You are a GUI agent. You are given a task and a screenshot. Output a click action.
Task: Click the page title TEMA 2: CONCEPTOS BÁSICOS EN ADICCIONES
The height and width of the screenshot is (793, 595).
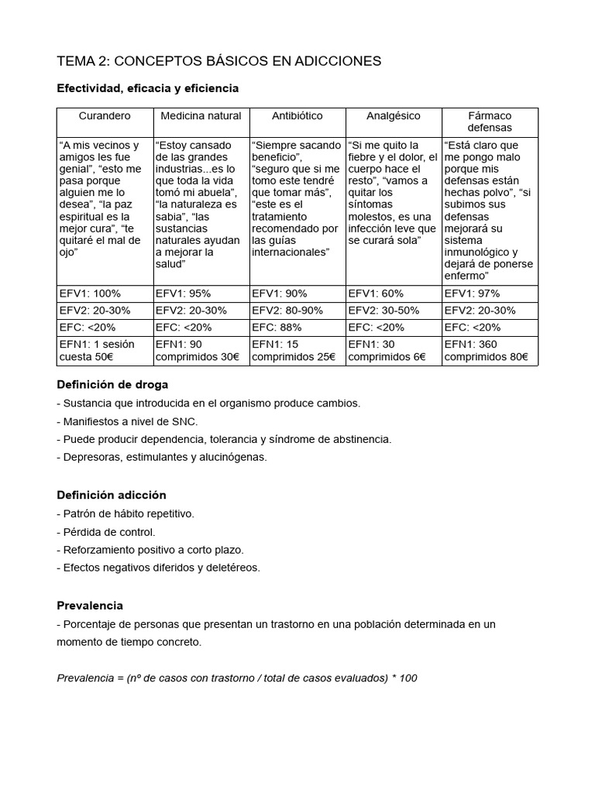click(219, 61)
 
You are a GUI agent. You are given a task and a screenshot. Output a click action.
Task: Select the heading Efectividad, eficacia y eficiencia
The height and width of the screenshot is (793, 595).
click(148, 89)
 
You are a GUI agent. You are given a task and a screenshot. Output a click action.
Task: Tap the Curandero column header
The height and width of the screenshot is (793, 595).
click(105, 116)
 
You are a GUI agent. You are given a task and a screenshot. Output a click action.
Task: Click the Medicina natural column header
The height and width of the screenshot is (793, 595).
click(201, 116)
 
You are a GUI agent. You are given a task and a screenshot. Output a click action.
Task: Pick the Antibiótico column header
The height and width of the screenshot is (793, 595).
click(297, 116)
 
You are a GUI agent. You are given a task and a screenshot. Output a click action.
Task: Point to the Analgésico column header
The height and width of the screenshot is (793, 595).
click(393, 116)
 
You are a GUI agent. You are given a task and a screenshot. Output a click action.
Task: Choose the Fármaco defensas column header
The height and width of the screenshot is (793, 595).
click(490, 122)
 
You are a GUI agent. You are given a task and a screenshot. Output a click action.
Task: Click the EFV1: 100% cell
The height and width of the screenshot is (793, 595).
click(90, 294)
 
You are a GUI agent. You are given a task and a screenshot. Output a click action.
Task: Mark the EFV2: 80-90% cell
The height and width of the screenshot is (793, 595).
click(284, 311)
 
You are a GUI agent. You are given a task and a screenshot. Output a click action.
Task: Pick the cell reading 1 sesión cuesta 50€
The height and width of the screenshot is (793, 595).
click(97, 351)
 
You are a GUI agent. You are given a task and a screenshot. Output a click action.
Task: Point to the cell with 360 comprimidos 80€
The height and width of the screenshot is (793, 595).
click(486, 351)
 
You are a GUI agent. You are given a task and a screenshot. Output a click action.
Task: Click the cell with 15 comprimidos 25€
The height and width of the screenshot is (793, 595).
click(294, 351)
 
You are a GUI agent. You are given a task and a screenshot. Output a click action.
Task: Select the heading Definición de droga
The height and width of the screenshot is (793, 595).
click(112, 385)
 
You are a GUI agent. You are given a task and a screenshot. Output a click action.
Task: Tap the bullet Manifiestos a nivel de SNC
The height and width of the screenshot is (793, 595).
click(127, 421)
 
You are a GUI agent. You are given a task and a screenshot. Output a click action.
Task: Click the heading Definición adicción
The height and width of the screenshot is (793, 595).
click(112, 495)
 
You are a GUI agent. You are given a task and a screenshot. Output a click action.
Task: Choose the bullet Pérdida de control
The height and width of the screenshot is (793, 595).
click(106, 532)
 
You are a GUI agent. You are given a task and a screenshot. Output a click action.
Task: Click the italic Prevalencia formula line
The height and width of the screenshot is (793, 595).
click(237, 678)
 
